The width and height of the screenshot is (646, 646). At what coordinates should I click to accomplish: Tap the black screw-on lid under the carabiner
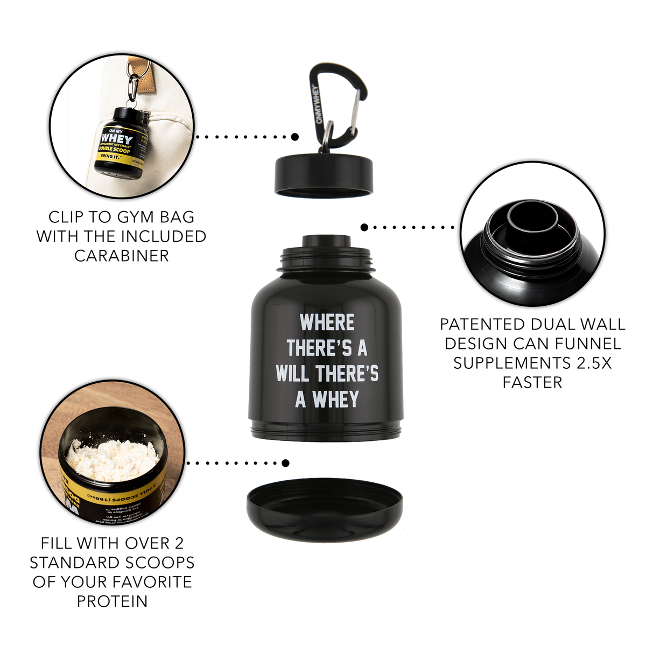(324, 175)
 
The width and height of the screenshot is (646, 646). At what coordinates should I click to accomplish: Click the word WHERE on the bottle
(327, 323)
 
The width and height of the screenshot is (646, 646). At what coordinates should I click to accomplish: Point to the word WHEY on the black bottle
(335, 400)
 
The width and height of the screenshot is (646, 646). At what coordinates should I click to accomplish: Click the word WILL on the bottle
(293, 374)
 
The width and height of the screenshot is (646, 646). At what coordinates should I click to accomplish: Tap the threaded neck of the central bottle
(326, 258)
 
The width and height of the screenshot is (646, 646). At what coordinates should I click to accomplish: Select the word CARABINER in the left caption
(121, 256)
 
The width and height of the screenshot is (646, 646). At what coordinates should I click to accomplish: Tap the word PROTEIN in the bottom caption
(112, 601)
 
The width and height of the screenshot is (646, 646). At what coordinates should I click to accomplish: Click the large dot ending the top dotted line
(294, 137)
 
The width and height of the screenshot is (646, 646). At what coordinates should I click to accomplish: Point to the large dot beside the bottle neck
(364, 227)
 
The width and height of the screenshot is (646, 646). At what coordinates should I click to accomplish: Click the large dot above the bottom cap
(285, 463)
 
